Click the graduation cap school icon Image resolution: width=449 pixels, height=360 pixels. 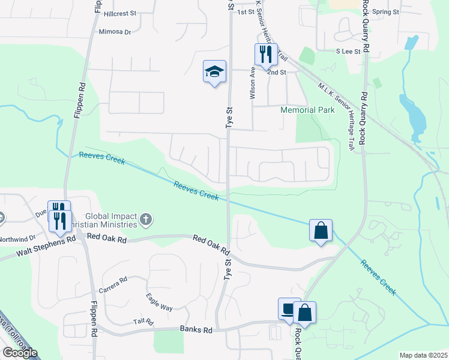(214, 72)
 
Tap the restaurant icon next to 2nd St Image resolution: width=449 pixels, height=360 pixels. (266, 55)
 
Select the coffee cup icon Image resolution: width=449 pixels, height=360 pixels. (289, 310)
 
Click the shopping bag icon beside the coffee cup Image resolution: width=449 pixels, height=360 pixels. (304, 313)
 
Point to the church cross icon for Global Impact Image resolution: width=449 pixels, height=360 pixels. (145, 220)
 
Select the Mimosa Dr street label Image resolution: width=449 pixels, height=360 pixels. (115, 32)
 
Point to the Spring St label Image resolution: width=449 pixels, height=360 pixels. (385, 11)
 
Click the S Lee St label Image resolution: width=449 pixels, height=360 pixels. (348, 52)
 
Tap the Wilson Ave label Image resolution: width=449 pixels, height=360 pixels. (253, 82)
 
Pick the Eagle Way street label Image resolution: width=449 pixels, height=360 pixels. (159, 302)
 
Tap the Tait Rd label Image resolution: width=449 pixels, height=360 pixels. (143, 321)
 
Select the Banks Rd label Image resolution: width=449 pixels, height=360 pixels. (196, 330)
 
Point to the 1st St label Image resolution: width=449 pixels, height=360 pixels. (246, 12)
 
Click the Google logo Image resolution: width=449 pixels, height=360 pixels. (20, 353)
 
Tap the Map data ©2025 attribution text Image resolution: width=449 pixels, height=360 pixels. (423, 355)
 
